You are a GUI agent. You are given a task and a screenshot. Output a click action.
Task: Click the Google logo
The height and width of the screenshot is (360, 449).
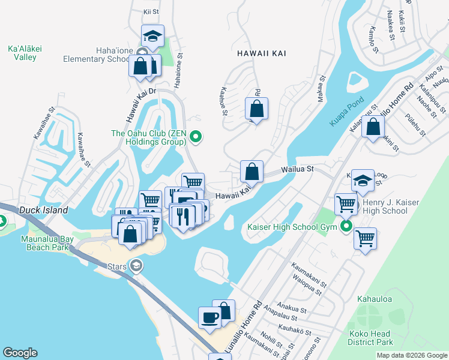click(20, 353)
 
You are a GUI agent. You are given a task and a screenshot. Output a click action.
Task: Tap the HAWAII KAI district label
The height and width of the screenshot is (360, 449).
click(261, 53)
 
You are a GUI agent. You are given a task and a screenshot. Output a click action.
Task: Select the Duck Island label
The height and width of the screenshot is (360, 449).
click(43, 211)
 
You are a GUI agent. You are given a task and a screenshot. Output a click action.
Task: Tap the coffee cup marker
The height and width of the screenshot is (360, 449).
click(209, 317)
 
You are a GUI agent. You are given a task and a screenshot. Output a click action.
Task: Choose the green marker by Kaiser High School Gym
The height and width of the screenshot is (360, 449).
click(346, 227)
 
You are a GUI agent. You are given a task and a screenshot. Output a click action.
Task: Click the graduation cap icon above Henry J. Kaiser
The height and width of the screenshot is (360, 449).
click(363, 180)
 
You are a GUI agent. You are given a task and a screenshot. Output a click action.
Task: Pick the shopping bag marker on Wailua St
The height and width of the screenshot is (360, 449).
click(252, 172)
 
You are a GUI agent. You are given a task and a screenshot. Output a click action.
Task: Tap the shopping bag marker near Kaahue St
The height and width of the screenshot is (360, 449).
click(256, 109)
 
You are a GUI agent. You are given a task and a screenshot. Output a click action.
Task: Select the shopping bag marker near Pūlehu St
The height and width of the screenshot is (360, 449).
click(373, 127)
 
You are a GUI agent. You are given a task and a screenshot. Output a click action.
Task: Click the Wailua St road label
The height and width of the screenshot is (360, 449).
click(302, 169)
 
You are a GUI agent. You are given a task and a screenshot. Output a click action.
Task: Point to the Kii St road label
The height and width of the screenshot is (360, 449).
click(151, 11)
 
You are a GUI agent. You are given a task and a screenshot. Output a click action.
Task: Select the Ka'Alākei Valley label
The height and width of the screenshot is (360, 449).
click(22, 53)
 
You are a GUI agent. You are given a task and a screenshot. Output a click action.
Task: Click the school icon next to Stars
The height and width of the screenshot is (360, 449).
click(136, 265)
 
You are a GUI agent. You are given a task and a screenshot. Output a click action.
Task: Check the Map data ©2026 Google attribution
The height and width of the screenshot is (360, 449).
click(411, 355)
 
